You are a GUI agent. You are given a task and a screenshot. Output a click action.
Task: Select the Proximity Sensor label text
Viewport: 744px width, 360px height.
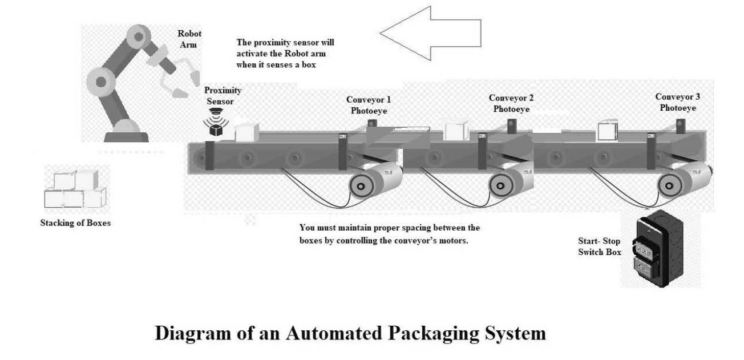click(x=223, y=96)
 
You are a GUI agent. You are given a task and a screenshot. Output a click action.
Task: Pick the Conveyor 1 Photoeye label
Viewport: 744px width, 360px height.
click(x=369, y=105)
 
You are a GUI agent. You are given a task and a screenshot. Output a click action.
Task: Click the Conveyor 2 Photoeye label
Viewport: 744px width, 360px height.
click(x=512, y=103)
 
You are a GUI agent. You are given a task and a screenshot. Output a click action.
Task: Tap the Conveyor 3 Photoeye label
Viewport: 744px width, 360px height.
click(x=678, y=102)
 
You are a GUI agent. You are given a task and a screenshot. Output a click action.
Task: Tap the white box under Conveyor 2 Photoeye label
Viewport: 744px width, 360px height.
click(x=456, y=131)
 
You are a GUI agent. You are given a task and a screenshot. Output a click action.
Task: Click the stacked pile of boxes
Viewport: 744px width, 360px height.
click(x=77, y=190)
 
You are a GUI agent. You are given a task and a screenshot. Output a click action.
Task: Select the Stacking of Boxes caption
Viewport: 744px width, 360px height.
click(x=75, y=223)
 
